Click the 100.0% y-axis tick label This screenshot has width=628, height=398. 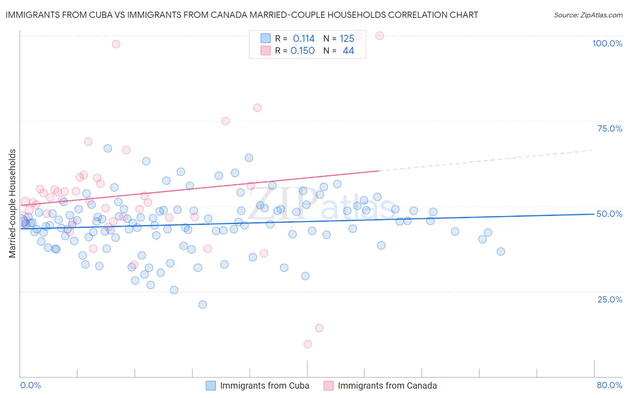(607, 43)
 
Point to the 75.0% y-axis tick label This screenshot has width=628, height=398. (610, 129)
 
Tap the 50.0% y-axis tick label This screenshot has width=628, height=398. (609, 214)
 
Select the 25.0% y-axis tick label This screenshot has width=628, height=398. (610, 299)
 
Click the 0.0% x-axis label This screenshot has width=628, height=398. (30, 385)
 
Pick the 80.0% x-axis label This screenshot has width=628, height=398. (609, 385)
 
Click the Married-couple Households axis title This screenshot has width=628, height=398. (13, 203)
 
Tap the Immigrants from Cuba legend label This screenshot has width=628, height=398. (264, 386)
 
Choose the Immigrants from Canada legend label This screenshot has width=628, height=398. (387, 386)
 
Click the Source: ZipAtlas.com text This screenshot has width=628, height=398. (588, 15)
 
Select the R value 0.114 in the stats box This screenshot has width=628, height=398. (304, 38)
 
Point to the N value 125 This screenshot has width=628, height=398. (347, 38)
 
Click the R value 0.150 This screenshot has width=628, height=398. (302, 50)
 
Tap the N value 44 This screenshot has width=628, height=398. (348, 50)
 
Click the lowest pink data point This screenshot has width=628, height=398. (307, 344)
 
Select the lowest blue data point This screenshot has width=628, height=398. (202, 304)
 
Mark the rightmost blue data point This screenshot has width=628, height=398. (501, 252)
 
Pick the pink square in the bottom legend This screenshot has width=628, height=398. (328, 386)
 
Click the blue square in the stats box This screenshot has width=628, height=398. (265, 38)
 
